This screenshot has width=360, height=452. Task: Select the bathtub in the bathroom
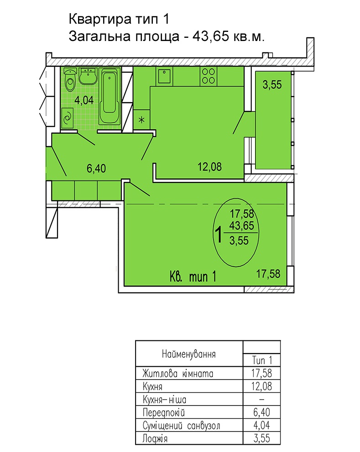[110, 96]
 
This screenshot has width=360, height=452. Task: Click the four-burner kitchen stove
[208, 76]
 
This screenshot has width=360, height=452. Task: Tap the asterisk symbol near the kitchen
[141, 120]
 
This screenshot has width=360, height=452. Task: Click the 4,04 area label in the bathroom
[84, 100]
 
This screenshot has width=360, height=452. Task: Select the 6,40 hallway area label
[96, 168]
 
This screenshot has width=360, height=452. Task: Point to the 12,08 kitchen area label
[209, 167]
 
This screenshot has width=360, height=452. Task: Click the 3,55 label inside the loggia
[272, 85]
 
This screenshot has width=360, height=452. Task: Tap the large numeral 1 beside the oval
[219, 235]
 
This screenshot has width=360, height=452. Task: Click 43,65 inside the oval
[242, 226]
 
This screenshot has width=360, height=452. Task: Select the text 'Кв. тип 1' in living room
[193, 277]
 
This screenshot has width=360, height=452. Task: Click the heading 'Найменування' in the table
[189, 354]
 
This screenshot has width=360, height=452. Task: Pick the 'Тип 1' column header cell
[262, 360]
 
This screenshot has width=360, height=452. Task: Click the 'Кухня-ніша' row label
[165, 400]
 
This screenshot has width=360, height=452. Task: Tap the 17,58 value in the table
[261, 373]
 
